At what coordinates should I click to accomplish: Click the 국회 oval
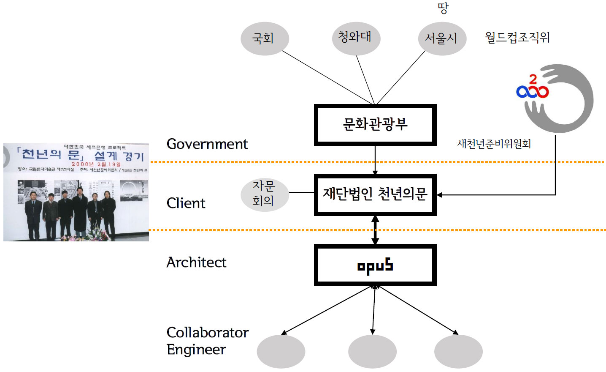point(265,38)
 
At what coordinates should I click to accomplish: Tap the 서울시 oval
point(442,38)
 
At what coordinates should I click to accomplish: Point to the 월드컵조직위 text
point(517,38)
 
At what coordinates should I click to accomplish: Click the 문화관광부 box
point(375,125)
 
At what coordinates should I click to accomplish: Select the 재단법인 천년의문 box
point(375,194)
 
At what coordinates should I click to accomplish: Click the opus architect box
point(375,265)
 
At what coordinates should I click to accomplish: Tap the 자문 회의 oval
point(264,194)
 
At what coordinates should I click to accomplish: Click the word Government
point(207,144)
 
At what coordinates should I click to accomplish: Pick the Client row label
point(186,203)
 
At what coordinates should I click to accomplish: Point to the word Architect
point(196,263)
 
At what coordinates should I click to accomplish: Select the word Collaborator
point(208,333)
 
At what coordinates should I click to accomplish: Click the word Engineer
point(196,350)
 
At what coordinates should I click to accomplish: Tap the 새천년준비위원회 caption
point(494,144)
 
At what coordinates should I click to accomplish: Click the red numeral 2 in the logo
point(533,79)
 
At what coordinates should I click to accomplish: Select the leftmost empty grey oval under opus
point(281,351)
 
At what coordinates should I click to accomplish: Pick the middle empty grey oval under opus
point(372,351)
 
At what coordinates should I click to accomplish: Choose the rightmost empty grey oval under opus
point(458,351)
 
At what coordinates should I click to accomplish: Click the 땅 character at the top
point(443,8)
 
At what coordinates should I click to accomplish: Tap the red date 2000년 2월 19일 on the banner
point(96,164)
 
